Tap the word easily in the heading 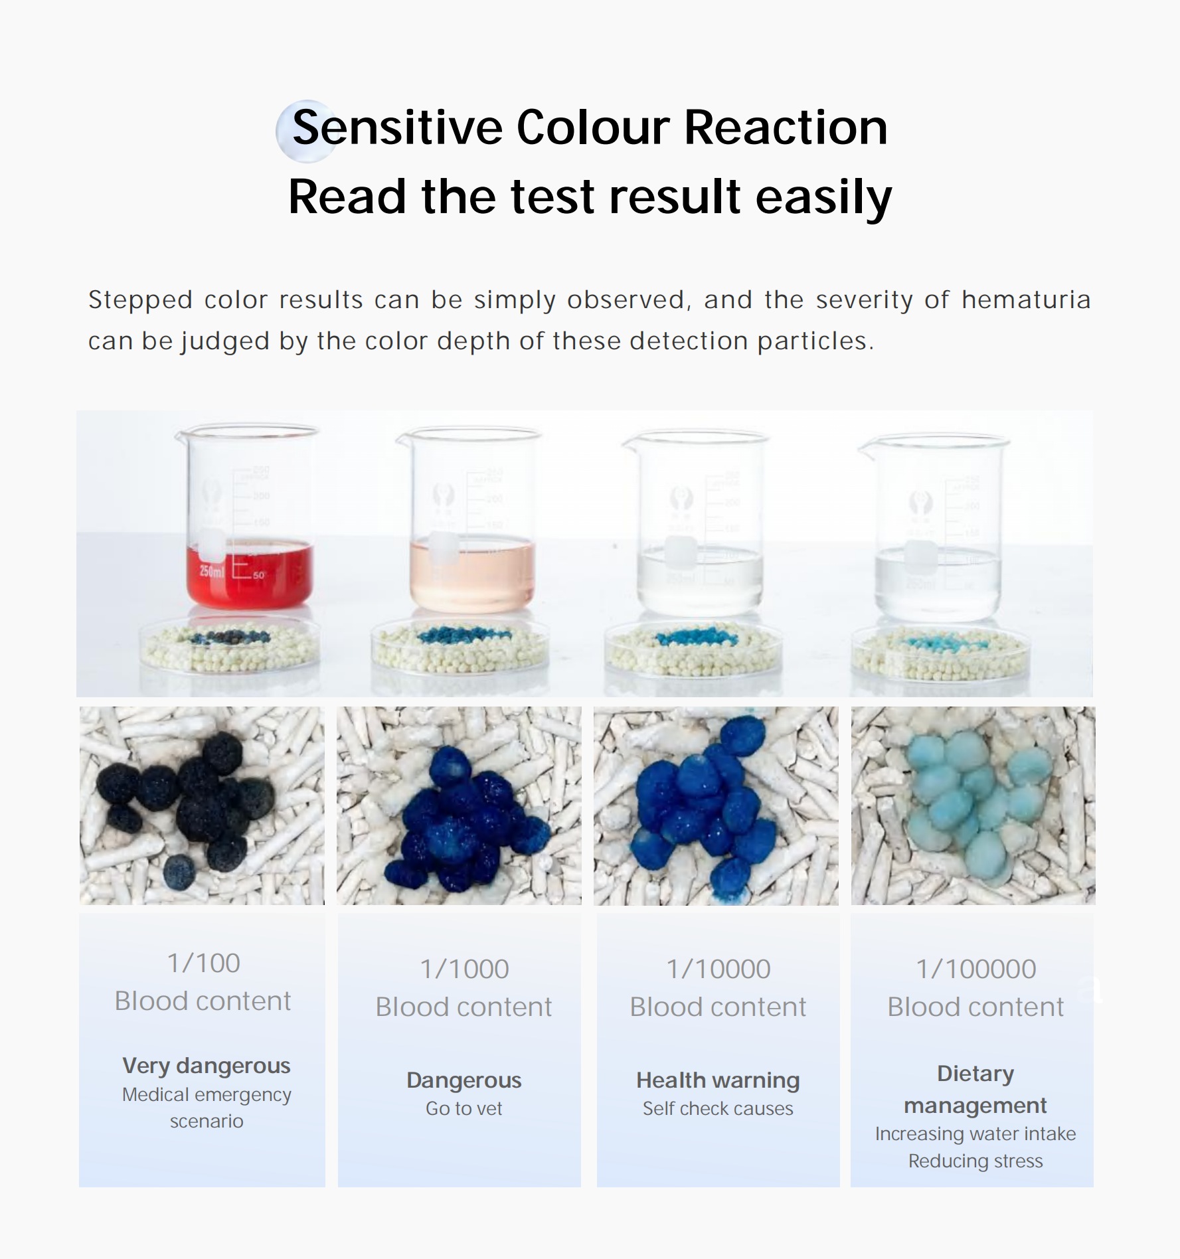pyautogui.click(x=823, y=197)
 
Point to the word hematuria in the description pyautogui.click(x=1026, y=300)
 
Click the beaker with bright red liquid pyautogui.click(x=247, y=516)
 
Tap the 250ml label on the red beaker pyautogui.click(x=212, y=570)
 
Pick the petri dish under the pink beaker pyautogui.click(x=460, y=645)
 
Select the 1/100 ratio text pyautogui.click(x=203, y=963)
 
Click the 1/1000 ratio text pyautogui.click(x=464, y=969)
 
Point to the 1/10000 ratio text pyautogui.click(x=718, y=969)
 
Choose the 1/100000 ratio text pyautogui.click(x=975, y=969)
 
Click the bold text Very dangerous pyautogui.click(x=207, y=1066)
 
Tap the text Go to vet pyautogui.click(x=464, y=1108)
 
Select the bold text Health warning pyautogui.click(x=718, y=1080)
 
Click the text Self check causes pyautogui.click(x=718, y=1108)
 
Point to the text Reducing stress pyautogui.click(x=975, y=1161)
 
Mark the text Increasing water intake pyautogui.click(x=975, y=1133)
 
